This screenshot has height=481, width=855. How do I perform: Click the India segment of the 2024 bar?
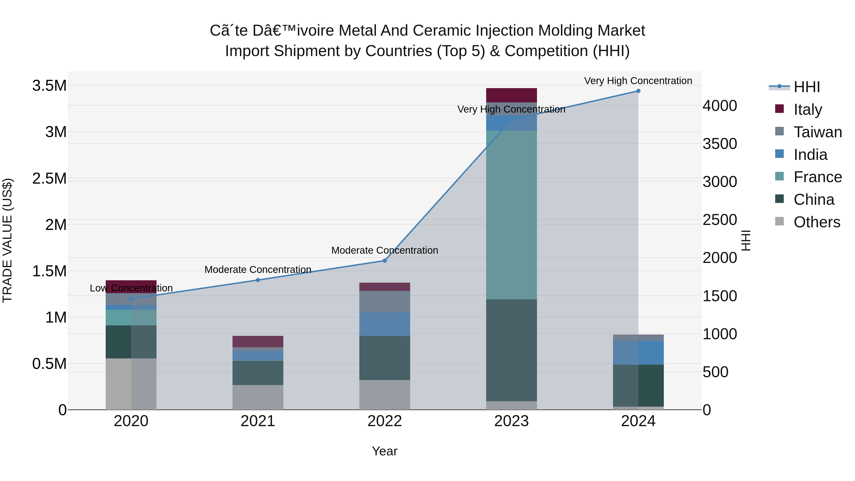(x=638, y=352)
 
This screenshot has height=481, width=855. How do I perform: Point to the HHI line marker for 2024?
(x=638, y=91)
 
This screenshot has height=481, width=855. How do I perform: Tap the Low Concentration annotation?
(x=131, y=288)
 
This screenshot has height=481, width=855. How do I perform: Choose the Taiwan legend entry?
(x=817, y=132)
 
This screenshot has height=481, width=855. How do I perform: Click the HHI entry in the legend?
(x=807, y=87)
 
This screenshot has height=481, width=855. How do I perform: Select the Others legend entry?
(x=817, y=222)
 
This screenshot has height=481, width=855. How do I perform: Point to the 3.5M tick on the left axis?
(x=49, y=86)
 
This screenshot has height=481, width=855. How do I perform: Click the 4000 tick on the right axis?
(x=720, y=106)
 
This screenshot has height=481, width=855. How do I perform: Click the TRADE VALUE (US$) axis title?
(x=8, y=240)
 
